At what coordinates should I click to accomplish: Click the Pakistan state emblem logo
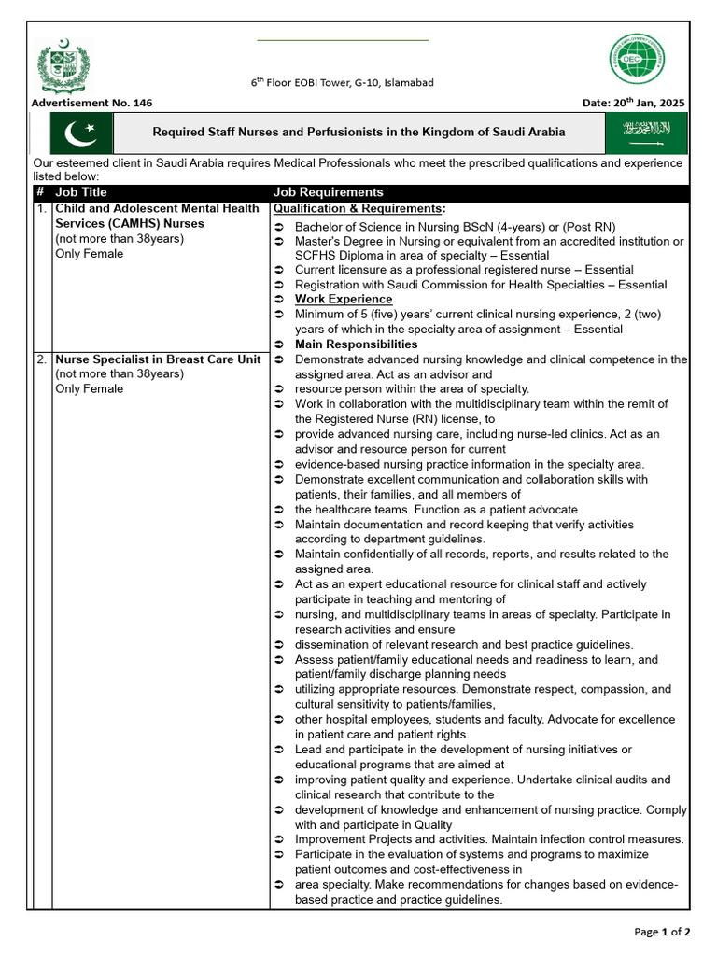coord(65,66)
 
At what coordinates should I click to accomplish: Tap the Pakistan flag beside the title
coord(80,134)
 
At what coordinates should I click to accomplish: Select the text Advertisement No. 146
coord(91,103)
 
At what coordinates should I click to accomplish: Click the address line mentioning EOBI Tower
coord(342,83)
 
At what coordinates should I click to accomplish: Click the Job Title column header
coord(81,192)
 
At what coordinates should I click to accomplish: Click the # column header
coord(40,192)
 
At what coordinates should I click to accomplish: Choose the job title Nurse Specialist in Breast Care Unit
coord(158,359)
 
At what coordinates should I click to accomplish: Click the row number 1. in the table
coord(41,208)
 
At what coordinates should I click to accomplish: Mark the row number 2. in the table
coord(41,359)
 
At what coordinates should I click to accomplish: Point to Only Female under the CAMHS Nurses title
coord(89,254)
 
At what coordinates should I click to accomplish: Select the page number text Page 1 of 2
coord(662,931)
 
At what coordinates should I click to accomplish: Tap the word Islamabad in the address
coord(405,83)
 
